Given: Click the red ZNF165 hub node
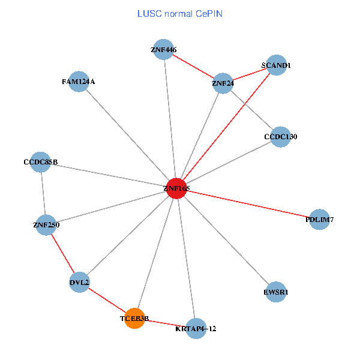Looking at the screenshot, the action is (x=176, y=188).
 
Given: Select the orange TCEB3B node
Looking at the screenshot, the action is (x=134, y=318).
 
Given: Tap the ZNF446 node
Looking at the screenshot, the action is (x=164, y=49).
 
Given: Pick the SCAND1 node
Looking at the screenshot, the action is (x=276, y=65).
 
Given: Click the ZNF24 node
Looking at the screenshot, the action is (x=223, y=83).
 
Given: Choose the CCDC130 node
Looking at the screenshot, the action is (x=280, y=137).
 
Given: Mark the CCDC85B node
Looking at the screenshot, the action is (x=40, y=162).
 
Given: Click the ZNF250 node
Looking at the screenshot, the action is (x=46, y=225).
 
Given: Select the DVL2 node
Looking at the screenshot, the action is (x=79, y=282).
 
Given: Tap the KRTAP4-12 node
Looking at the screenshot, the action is (x=196, y=328).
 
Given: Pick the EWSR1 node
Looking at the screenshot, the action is (x=275, y=292).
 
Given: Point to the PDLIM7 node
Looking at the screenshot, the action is (x=319, y=220).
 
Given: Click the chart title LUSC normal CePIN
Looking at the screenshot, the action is (x=180, y=13).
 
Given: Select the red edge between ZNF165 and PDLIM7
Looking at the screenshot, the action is (x=247, y=204).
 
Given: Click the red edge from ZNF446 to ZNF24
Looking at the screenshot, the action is (x=193, y=66).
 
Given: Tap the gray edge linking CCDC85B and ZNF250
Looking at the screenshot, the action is (x=43, y=193).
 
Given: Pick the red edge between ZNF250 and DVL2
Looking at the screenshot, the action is (x=62, y=253).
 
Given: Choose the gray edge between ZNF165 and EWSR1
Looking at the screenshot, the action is (x=226, y=240).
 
